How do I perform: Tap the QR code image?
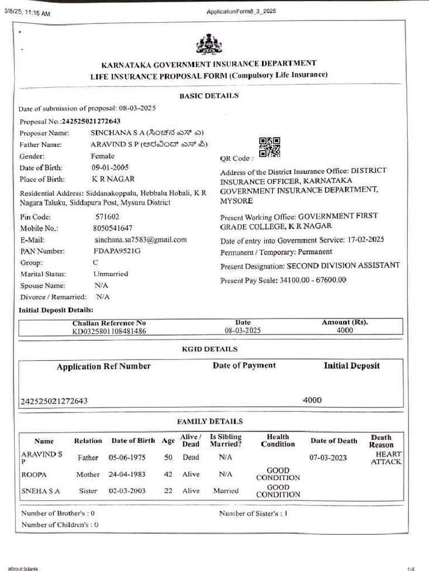270,147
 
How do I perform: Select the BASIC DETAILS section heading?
209,96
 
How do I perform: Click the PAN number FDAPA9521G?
117,251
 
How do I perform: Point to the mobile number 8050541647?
113,228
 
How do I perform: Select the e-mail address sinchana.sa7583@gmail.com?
140,240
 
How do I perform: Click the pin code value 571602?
107,216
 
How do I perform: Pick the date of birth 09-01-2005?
110,167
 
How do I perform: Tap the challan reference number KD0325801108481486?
109,331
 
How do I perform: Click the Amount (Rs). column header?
345,322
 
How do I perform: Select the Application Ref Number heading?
103,366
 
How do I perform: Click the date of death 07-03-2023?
328,458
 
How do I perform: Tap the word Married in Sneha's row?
226,491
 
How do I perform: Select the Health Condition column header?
278,441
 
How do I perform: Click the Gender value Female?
103,156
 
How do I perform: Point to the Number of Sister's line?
253,513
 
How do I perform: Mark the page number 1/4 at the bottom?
411,568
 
